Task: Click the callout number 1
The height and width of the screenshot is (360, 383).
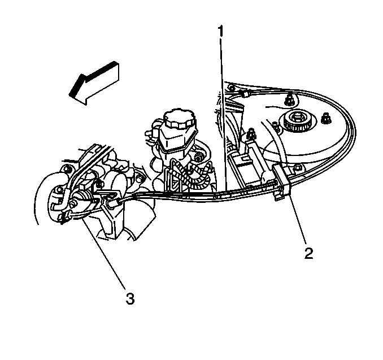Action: tap(220, 31)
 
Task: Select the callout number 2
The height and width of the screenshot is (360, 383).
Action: tap(309, 253)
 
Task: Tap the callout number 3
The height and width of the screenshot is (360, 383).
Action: tap(130, 298)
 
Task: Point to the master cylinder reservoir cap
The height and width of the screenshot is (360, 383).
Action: tap(180, 119)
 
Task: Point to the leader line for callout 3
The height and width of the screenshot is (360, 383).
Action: tap(104, 252)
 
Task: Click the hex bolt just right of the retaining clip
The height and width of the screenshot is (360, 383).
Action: tap(298, 168)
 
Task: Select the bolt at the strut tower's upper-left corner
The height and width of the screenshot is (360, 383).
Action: tap(231, 88)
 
